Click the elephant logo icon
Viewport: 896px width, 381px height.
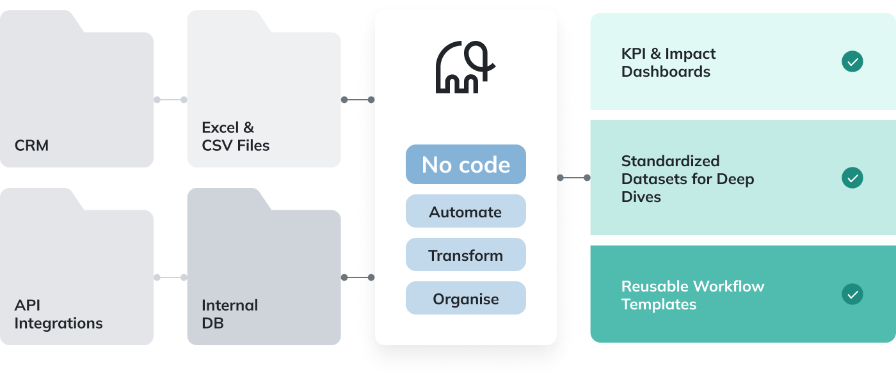[465, 68]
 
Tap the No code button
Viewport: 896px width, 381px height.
[465, 165]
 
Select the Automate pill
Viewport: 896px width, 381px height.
[465, 212]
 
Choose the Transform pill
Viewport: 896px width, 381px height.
[465, 255]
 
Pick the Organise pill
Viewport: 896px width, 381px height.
[465, 299]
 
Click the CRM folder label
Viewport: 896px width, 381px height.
[31, 145]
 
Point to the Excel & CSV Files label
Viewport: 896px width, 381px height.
[236, 136]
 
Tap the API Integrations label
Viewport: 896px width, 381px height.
[58, 314]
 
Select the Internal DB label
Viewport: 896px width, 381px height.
[230, 314]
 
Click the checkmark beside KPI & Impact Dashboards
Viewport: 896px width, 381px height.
[852, 62]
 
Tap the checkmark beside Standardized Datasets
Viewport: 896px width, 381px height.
[852, 178]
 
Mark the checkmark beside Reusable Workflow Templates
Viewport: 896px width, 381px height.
[852, 295]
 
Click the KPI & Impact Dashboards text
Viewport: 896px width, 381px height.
[668, 63]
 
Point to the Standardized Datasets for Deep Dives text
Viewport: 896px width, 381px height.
[687, 178]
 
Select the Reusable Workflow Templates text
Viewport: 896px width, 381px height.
[692, 295]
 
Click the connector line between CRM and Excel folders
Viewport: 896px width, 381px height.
[170, 100]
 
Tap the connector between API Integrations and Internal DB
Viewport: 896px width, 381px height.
[170, 277]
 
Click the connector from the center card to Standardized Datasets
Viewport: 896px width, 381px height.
[574, 178]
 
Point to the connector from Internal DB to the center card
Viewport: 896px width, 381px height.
[358, 277]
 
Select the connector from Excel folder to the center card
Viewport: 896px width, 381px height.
[358, 100]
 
